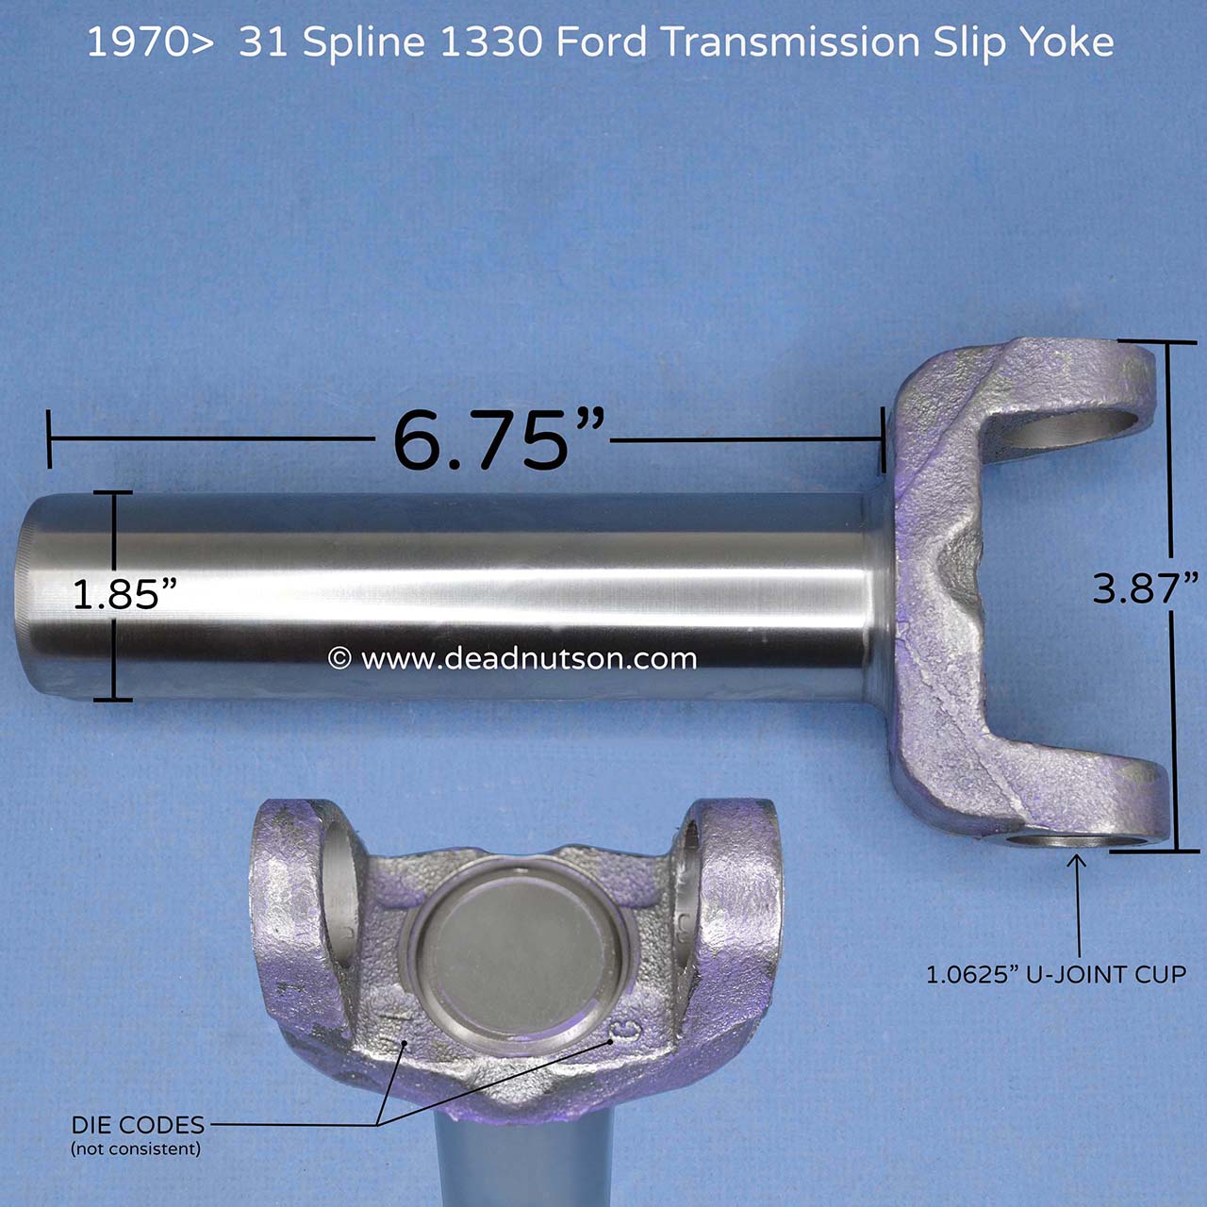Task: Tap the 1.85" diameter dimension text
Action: coord(124,595)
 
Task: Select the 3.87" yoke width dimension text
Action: coord(1145,588)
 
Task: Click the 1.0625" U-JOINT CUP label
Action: coord(1055,974)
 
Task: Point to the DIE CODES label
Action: coord(138,1125)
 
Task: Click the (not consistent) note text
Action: coord(136,1149)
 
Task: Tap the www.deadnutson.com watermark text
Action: coord(528,658)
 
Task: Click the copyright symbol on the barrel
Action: coord(339,658)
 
